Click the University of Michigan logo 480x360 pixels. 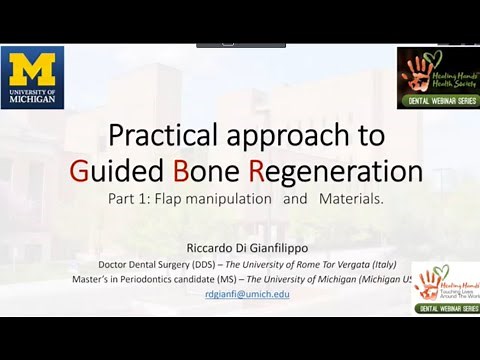coord(32,77)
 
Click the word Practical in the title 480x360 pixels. coord(161,134)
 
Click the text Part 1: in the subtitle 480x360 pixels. coord(129,199)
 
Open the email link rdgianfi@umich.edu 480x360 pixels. coord(247,294)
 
